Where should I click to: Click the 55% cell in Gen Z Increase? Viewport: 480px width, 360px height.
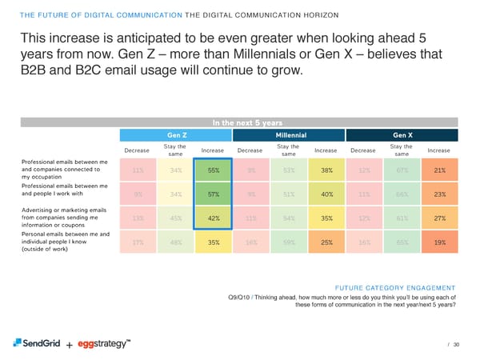214,170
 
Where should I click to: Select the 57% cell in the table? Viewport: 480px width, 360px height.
214,193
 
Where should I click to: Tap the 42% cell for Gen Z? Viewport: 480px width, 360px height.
214,218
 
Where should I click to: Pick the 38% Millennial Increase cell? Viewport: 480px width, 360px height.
326,170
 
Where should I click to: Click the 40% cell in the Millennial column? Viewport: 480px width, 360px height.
326,193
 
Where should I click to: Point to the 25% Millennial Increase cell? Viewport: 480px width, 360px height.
326,242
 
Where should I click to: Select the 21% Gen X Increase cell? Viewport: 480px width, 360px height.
439,170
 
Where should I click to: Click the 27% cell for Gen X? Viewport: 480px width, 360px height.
439,218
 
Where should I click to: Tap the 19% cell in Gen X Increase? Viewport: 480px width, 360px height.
439,242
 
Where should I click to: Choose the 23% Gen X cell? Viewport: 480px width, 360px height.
439,193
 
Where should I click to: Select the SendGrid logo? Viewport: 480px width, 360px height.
38,344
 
